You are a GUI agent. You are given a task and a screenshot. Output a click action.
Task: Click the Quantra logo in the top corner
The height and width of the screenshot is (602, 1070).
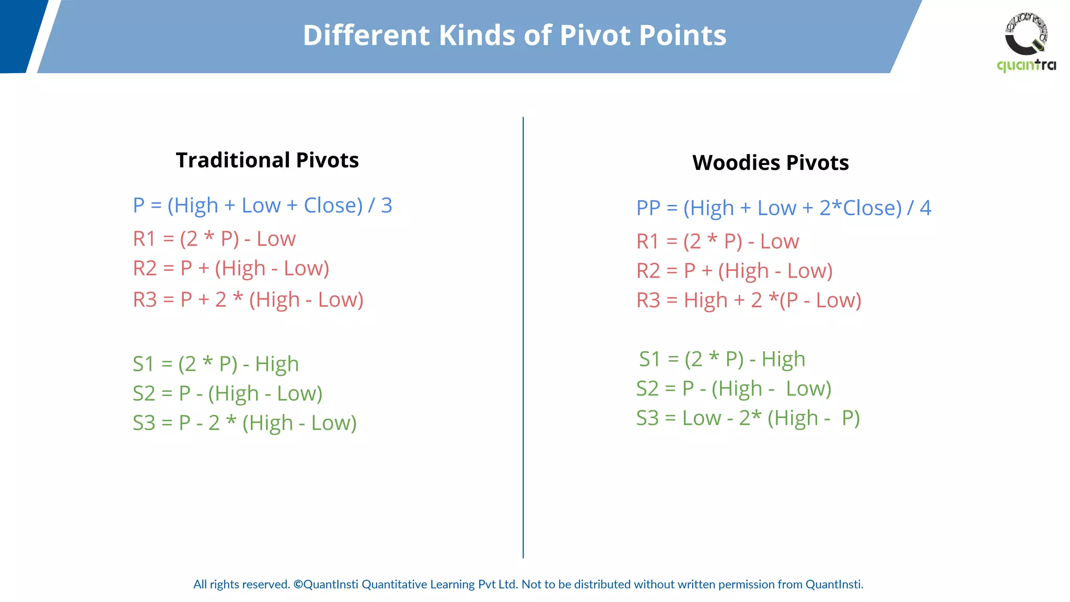click(x=1026, y=42)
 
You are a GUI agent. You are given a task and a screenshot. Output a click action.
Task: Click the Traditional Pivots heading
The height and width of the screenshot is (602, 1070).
click(x=267, y=160)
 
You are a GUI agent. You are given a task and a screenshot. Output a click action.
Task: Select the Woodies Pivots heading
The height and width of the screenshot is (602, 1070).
click(x=770, y=163)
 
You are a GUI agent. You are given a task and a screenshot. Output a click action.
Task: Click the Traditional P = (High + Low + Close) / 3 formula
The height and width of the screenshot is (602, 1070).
click(x=262, y=205)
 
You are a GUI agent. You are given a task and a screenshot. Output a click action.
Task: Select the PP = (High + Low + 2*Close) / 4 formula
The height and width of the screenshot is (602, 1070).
click(x=783, y=208)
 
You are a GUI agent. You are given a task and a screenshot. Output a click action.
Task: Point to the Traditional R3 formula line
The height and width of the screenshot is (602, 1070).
click(x=248, y=300)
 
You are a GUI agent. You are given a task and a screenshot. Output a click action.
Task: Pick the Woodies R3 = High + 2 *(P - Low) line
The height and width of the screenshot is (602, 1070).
click(x=748, y=300)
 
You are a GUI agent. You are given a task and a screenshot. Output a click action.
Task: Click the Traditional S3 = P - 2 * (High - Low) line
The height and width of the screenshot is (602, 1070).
click(x=244, y=423)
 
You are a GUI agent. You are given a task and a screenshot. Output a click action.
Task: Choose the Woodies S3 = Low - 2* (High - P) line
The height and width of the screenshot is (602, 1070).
click(x=748, y=418)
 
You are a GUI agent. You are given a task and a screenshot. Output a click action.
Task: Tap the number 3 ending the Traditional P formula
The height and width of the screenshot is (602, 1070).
click(x=387, y=205)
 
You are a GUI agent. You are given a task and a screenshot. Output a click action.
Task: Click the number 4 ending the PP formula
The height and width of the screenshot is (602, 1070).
click(x=925, y=208)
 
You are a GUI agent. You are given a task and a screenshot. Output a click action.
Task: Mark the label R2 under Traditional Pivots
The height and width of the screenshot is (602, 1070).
click(x=145, y=269)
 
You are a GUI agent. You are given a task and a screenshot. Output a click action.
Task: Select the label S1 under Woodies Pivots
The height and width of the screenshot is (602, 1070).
click(x=650, y=360)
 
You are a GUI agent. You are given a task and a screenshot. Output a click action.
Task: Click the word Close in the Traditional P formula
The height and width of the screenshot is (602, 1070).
click(x=333, y=205)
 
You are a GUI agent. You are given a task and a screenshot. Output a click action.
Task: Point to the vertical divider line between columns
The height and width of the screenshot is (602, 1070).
click(x=523, y=340)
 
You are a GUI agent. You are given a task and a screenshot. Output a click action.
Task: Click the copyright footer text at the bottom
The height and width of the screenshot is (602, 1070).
click(x=528, y=584)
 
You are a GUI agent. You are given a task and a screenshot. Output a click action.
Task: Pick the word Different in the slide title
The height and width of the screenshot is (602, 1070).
click(x=366, y=36)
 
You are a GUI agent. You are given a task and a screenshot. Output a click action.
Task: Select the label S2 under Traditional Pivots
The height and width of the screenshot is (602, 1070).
click(x=144, y=393)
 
